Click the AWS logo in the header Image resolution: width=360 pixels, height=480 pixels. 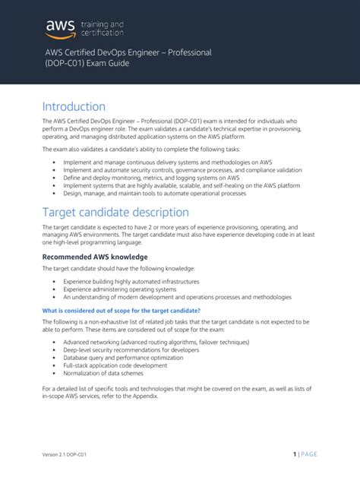click(x=55, y=28)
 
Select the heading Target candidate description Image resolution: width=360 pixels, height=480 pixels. click(x=115, y=212)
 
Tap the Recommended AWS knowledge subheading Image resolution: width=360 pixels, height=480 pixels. click(x=90, y=257)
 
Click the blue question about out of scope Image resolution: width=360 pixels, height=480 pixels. click(x=120, y=310)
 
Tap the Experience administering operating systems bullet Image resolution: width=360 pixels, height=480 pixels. click(x=120, y=289)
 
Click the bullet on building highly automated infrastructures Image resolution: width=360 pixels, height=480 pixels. click(x=126, y=280)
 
